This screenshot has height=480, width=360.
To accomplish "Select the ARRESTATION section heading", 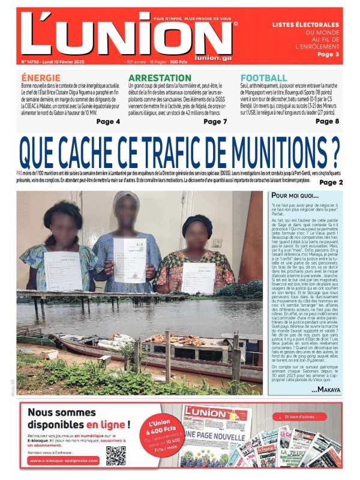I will click(x=160, y=78).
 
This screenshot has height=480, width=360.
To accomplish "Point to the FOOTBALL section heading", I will click(x=264, y=78).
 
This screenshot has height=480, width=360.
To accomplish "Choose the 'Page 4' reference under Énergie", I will click(x=108, y=122).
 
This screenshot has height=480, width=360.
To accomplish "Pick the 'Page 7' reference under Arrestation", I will click(x=215, y=122).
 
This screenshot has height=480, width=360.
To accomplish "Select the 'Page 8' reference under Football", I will click(x=328, y=122).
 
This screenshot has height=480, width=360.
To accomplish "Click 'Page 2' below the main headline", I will click(x=331, y=182).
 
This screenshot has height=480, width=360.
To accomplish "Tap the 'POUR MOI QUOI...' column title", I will click(x=295, y=196).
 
